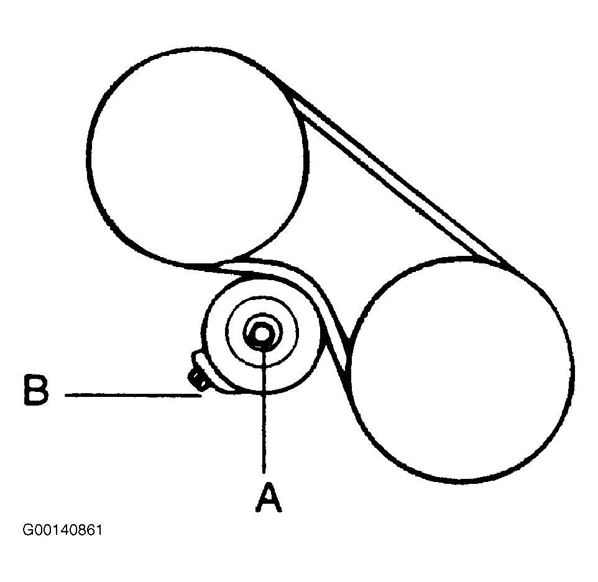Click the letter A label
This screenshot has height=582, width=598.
[268, 497]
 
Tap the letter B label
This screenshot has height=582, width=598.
[36, 390]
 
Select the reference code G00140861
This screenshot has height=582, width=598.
[62, 531]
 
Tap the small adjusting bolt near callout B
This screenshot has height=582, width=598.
[197, 375]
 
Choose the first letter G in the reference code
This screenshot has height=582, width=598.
[27, 531]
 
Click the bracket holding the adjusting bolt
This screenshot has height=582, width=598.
[205, 373]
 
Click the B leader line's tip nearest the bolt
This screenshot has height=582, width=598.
[200, 394]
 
